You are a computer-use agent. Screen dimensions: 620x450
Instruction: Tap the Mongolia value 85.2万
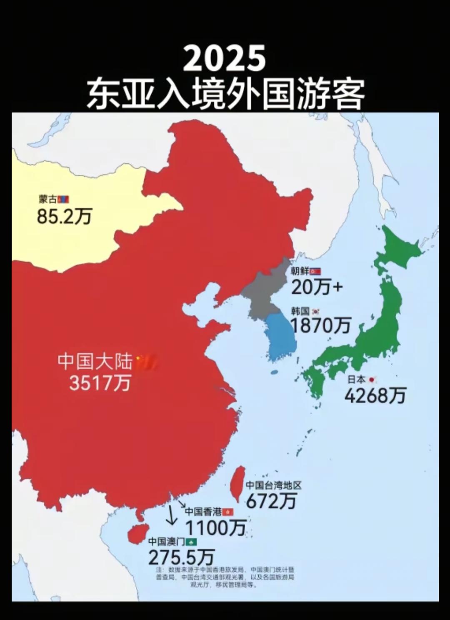[64, 216]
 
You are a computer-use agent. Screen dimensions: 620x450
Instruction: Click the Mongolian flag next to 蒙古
[63, 200]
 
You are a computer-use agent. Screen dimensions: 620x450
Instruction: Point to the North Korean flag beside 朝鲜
[315, 271]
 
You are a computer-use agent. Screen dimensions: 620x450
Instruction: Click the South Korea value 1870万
[320, 325]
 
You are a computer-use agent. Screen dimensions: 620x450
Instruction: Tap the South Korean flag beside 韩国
[316, 311]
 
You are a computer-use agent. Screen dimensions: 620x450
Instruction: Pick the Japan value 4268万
[375, 395]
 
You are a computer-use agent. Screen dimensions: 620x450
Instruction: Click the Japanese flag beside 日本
[372, 379]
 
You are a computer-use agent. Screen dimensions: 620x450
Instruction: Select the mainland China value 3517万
[100, 382]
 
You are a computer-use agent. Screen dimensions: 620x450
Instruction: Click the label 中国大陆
[95, 361]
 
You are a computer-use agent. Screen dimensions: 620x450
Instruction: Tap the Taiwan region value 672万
[271, 500]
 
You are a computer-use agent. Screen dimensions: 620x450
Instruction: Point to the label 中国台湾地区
[273, 485]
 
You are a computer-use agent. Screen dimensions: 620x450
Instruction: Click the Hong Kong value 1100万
[215, 528]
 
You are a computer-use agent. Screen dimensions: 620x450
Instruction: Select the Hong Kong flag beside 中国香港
[228, 512]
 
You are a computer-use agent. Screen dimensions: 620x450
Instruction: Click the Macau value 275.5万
[181, 557]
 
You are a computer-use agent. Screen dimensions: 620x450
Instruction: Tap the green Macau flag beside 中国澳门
[191, 542]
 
